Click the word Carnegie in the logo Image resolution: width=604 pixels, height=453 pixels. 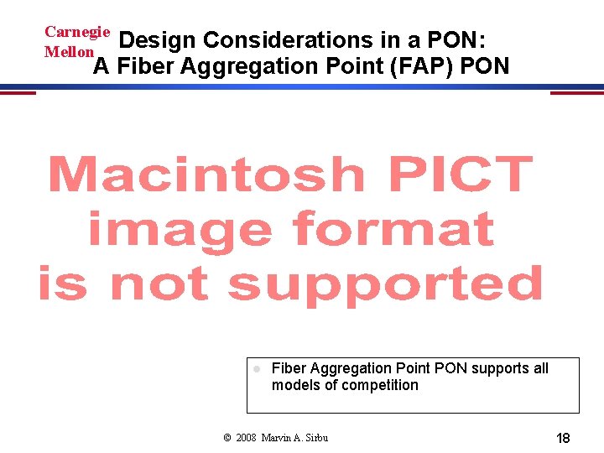[x=77, y=32]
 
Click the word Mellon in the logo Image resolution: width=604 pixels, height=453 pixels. [x=69, y=51]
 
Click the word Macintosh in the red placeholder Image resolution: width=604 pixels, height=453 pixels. [x=206, y=175]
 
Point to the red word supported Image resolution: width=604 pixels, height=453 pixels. [x=385, y=285]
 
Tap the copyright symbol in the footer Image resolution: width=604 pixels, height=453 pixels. [x=227, y=438]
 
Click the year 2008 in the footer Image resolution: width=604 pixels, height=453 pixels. [x=247, y=438]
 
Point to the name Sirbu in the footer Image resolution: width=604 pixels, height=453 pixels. [x=315, y=438]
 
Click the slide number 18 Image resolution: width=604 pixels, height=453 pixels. [x=563, y=438]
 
